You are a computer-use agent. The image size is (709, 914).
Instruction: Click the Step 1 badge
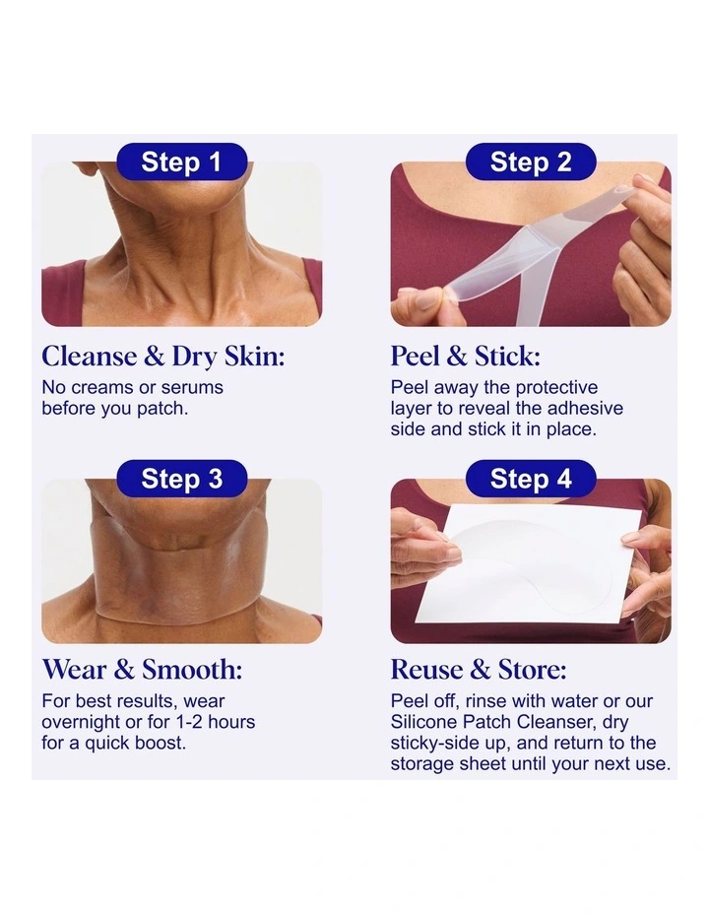(x=181, y=162)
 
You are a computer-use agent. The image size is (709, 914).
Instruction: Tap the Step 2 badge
(x=530, y=162)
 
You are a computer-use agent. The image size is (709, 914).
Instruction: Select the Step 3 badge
(x=181, y=479)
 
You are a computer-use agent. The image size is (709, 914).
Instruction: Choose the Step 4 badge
(x=530, y=479)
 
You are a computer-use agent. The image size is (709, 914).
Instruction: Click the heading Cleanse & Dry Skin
(x=162, y=356)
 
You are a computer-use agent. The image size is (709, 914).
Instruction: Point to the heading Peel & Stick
(x=465, y=356)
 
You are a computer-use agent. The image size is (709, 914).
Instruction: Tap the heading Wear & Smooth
(x=142, y=670)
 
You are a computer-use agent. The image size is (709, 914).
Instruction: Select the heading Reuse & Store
(x=478, y=670)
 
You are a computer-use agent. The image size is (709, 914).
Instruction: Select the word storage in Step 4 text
(x=421, y=764)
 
